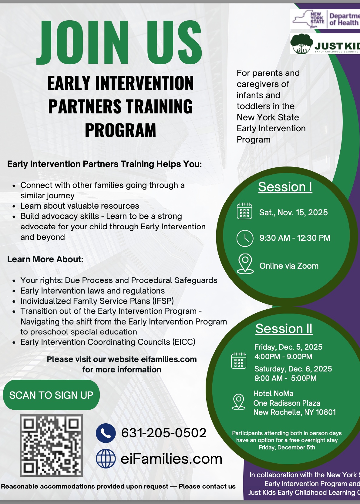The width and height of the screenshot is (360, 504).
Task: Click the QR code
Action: point(51,445)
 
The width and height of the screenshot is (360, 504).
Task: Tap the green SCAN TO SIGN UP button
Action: point(51,395)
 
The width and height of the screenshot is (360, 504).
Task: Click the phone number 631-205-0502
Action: point(164,433)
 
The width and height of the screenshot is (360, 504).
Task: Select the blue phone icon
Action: point(106,433)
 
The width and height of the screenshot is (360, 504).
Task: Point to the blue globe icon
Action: point(106,459)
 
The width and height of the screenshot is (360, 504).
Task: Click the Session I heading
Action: point(285,187)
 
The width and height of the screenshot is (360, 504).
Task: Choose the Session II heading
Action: point(284,328)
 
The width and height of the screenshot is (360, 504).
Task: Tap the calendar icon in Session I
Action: point(244,211)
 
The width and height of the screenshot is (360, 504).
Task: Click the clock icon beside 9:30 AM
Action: point(245,238)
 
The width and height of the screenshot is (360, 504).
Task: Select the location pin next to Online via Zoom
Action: point(245,264)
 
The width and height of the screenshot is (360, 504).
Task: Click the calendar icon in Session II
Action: point(239,361)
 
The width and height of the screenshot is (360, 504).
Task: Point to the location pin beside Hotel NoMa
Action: point(239,402)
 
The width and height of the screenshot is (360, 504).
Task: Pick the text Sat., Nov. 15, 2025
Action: point(293,212)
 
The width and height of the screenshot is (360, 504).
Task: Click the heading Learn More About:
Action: point(45,259)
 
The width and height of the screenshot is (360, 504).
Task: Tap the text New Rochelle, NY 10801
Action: point(294,412)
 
